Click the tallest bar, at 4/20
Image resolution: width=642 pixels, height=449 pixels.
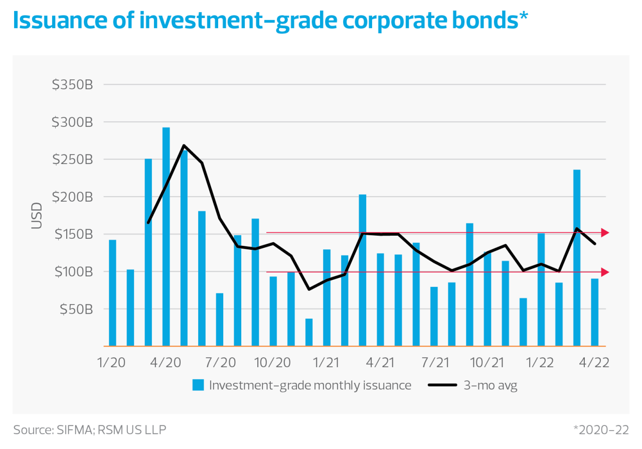[166, 236]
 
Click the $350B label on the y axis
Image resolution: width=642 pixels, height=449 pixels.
[72, 85]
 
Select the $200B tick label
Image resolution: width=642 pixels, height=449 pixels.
[73, 197]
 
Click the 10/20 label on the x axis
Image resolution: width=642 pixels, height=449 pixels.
[273, 363]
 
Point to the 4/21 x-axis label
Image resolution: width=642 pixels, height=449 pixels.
[380, 363]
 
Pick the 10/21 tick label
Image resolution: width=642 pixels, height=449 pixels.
[488, 363]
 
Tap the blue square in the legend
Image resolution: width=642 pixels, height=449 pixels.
[198, 385]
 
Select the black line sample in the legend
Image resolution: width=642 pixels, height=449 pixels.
[442, 385]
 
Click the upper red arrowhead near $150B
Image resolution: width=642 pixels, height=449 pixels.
[605, 233]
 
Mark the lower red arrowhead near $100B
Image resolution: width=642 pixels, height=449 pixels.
[605, 272]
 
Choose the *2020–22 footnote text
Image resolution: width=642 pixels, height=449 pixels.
[601, 430]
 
